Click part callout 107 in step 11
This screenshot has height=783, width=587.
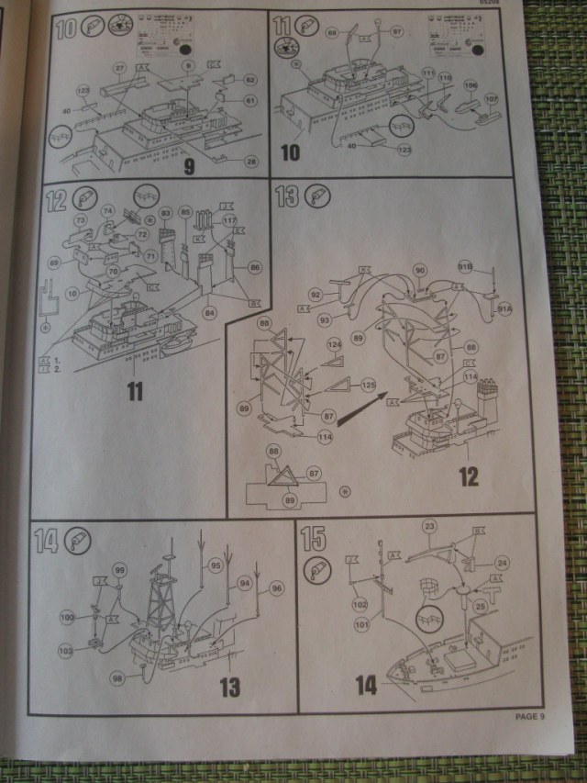pos(491,98)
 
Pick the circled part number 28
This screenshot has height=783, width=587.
pos(251,162)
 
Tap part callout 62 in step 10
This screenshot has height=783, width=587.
pos(251,79)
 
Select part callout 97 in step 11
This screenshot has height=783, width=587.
pos(398,31)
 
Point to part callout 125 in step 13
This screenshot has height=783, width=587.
pos(368,384)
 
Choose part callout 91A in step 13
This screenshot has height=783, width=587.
pos(505,308)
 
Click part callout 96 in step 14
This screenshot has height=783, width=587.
pos(277,587)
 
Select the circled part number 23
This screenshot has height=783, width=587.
pos(428,526)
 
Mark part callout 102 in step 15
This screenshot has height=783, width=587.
pos(359,605)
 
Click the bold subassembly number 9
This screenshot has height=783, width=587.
pos(189,167)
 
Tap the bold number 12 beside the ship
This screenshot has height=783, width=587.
pos(469,476)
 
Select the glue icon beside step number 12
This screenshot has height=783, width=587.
pos(83,197)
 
